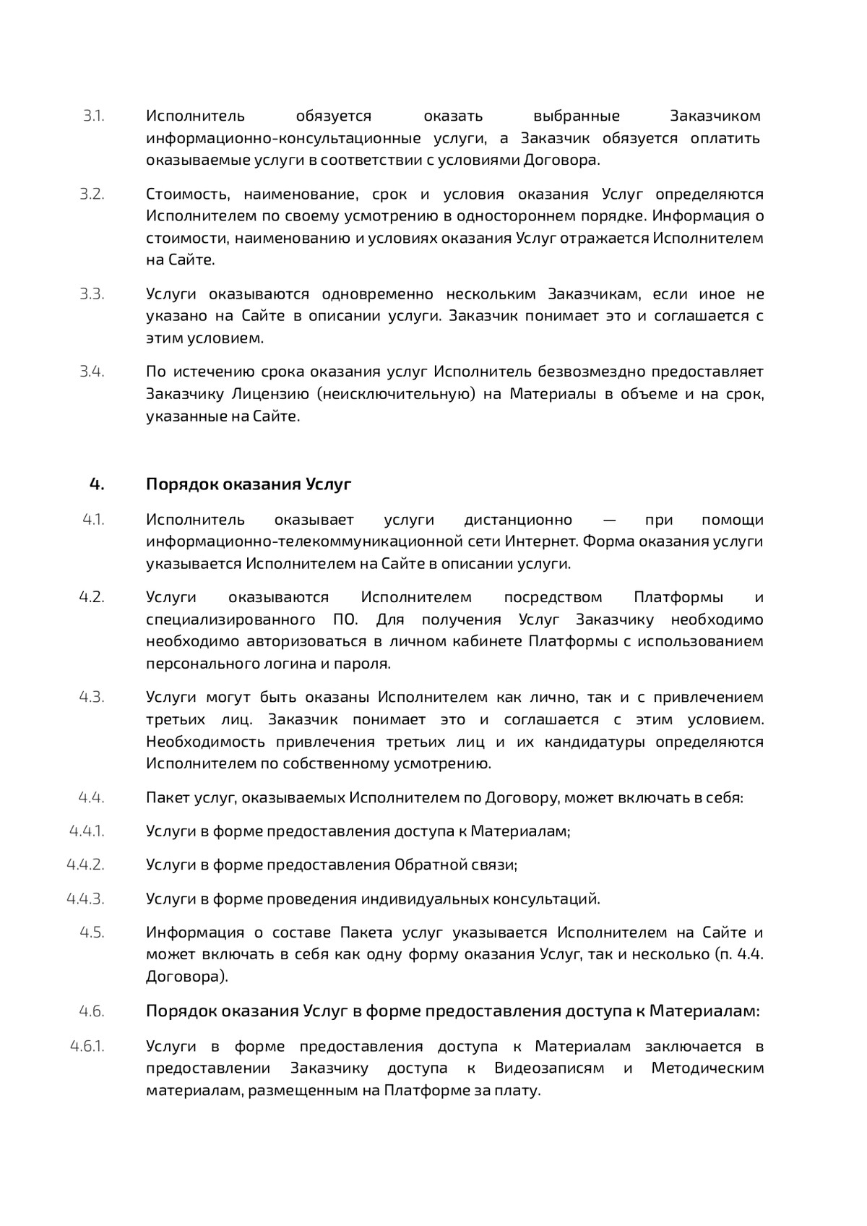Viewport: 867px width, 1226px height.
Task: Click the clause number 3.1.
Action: point(93,116)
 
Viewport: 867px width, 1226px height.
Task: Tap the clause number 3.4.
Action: point(92,372)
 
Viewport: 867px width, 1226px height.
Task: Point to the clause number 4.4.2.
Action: point(85,865)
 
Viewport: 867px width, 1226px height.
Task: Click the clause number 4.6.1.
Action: point(87,1046)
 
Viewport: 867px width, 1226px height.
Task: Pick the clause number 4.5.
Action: point(92,932)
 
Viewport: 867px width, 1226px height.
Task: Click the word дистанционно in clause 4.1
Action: point(518,520)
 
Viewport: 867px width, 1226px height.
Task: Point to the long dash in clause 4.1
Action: point(608,520)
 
